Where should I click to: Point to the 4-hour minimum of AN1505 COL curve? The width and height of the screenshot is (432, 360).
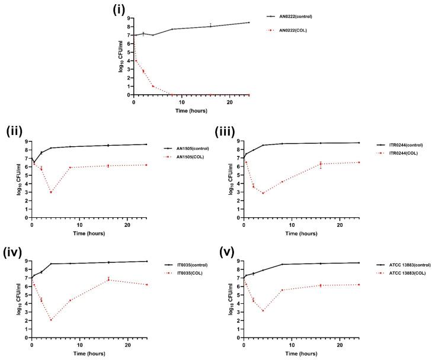tap(51, 192)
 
